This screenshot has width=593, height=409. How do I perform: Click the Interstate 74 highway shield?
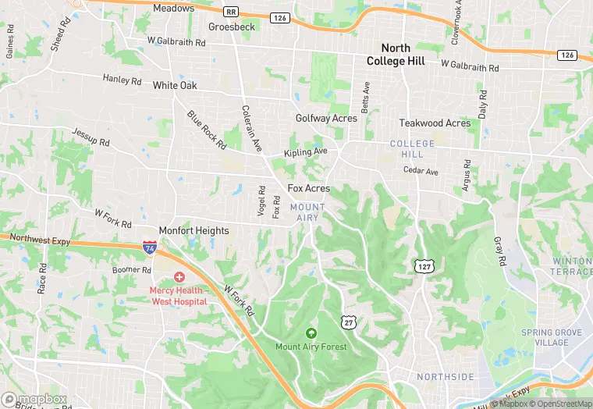(149, 247)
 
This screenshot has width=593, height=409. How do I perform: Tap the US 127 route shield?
(423, 267)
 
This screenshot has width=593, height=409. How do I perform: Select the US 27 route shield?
(348, 321)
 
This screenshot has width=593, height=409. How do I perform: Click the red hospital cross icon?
(179, 277)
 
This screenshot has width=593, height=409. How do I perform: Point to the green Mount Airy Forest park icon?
(311, 333)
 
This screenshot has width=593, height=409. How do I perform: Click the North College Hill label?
(397, 55)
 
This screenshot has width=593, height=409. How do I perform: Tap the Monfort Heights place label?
(194, 231)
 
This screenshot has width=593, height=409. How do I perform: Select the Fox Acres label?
(309, 189)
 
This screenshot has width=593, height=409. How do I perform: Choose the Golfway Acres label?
(326, 119)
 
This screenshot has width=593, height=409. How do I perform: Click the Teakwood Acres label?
(435, 123)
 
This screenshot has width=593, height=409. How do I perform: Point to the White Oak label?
(175, 85)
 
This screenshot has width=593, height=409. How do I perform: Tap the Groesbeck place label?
(232, 27)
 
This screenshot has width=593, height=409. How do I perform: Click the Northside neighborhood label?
(445, 377)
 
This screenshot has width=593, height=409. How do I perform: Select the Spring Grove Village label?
(552, 337)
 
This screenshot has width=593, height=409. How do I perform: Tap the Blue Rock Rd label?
(206, 130)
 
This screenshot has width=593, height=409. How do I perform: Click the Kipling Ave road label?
(306, 151)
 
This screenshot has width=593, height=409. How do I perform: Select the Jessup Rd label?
(91, 138)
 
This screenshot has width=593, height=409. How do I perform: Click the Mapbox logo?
(35, 399)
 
